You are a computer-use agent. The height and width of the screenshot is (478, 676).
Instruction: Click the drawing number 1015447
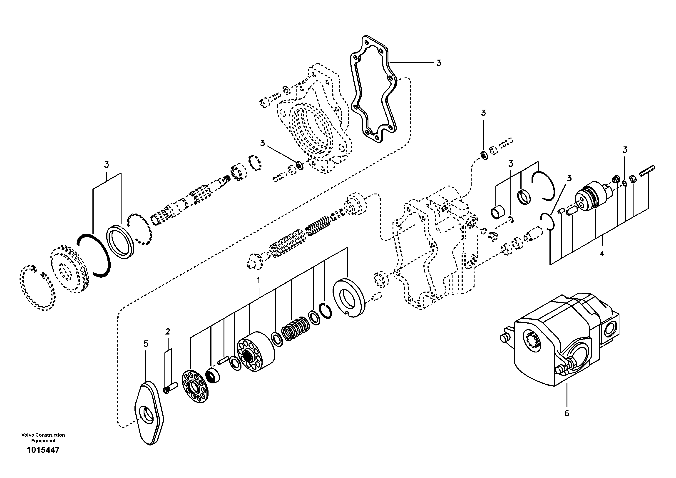(43, 458)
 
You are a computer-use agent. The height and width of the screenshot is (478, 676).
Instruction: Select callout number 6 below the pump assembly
(567, 413)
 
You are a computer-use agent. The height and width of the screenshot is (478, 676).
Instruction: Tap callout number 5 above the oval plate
(146, 344)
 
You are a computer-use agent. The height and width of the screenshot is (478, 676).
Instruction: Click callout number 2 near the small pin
(168, 332)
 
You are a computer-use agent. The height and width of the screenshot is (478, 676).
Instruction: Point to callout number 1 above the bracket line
(258, 280)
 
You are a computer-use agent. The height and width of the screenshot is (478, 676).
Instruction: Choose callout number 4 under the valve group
(601, 254)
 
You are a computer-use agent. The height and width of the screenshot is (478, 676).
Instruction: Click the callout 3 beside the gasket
(438, 63)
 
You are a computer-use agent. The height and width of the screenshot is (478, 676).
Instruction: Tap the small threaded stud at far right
(647, 170)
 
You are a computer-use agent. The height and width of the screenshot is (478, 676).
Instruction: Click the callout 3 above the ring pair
(106, 164)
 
